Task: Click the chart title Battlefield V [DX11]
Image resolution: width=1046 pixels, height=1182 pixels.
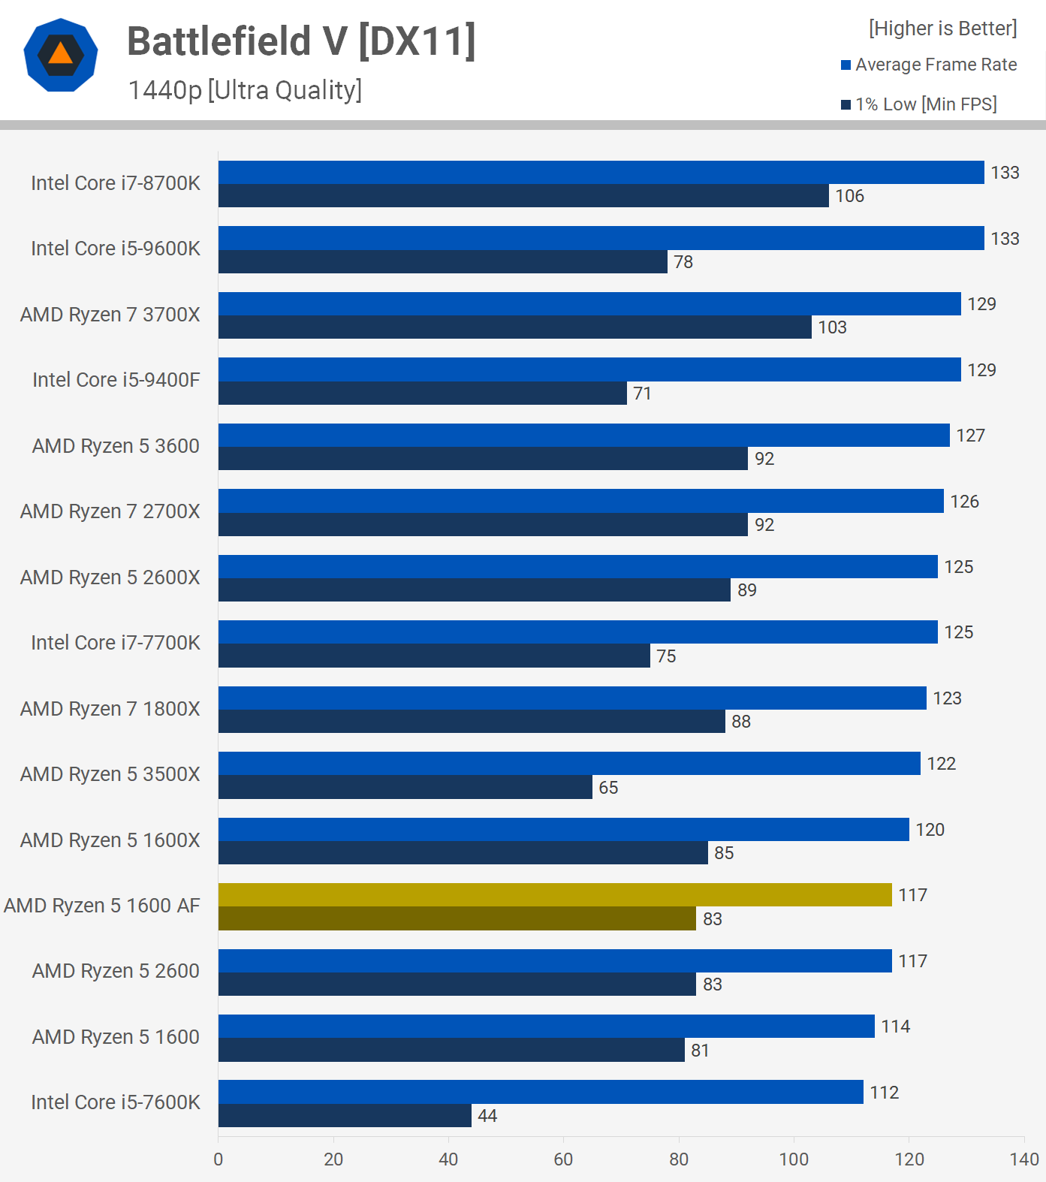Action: click(x=301, y=41)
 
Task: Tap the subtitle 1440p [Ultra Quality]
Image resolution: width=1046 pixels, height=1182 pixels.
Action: click(x=245, y=90)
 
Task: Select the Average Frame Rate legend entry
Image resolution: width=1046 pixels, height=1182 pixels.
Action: click(x=929, y=65)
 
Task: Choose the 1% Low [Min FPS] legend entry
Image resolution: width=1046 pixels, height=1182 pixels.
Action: click(x=919, y=104)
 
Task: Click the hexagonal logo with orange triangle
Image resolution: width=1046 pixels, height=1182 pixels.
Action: click(x=61, y=55)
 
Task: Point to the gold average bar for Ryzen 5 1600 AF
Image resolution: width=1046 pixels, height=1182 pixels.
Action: click(x=555, y=894)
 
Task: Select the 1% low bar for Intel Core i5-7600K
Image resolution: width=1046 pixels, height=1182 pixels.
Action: click(x=345, y=1115)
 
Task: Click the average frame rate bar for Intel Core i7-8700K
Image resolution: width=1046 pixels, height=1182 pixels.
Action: click(x=601, y=172)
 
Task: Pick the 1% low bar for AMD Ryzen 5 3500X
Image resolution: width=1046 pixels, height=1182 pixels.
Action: click(x=405, y=787)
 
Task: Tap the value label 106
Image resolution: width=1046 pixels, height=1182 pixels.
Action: click(x=849, y=196)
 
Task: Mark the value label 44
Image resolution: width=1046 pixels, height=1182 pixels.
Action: click(x=487, y=1116)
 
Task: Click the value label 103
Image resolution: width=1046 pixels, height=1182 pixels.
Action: click(x=832, y=327)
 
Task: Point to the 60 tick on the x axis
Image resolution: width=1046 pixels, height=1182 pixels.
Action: click(x=563, y=1159)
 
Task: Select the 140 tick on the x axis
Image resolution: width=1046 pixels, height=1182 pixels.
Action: click(x=1024, y=1159)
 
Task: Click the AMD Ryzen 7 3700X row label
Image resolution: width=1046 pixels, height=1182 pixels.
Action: click(x=110, y=315)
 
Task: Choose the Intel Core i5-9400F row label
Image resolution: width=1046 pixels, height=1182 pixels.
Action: click(x=116, y=380)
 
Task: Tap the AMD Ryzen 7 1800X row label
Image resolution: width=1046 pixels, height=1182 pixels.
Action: click(x=110, y=709)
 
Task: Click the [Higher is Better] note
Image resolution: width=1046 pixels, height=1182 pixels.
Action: click(x=942, y=29)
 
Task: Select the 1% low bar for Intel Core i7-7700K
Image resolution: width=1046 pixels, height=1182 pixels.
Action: click(x=434, y=656)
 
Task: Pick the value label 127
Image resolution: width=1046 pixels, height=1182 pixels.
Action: click(x=970, y=436)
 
